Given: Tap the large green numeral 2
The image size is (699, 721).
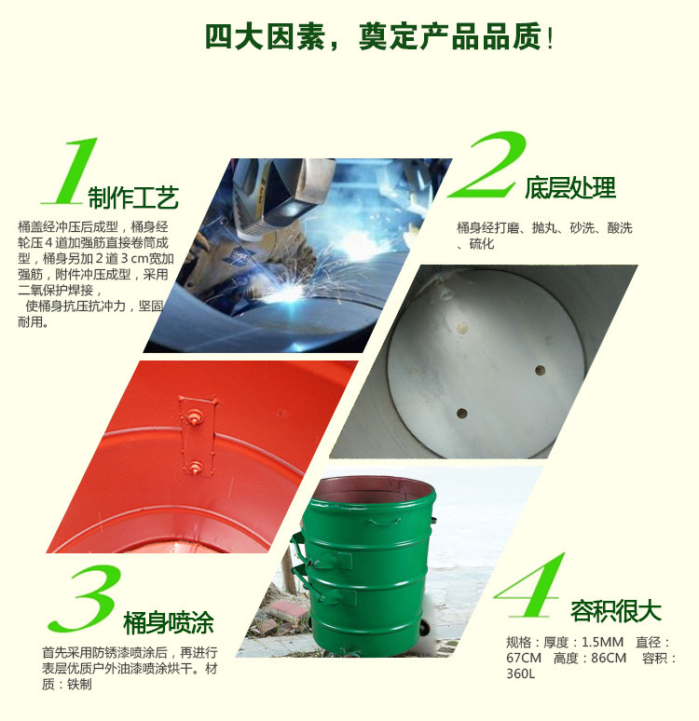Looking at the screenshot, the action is coord(488,165).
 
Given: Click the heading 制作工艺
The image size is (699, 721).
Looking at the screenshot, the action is coord(133,198).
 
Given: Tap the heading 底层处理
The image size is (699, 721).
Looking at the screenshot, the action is coord(570,187).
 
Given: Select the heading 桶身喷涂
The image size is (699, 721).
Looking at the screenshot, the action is coord(169,623).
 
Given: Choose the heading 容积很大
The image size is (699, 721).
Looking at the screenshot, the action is coord(616,611).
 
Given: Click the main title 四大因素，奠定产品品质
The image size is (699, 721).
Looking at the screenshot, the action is coord(378,36).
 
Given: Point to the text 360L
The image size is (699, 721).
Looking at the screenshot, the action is coord(520,673).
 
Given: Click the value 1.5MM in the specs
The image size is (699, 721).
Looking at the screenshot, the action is coord(602,642).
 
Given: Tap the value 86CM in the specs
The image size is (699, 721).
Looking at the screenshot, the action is coord(609,658).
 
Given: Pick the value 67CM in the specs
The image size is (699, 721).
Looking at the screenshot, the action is coord(524,658).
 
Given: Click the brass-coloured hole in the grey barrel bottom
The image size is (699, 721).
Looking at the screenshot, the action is coord(461,328).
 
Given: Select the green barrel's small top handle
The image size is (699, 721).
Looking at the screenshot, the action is coord(383,522).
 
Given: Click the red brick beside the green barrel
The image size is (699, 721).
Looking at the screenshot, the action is coord(287,612).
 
